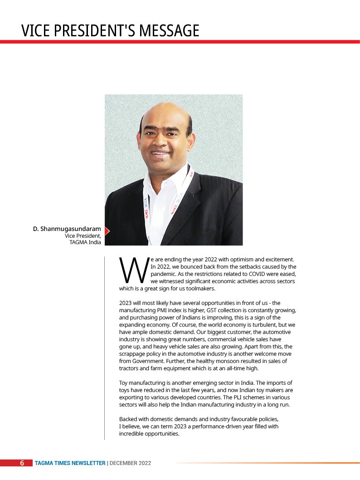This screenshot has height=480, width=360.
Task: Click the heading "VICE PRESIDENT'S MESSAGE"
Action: (110, 30)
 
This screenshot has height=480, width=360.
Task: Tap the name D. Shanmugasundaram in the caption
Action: (67, 229)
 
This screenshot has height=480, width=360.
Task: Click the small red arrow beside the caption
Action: (107, 231)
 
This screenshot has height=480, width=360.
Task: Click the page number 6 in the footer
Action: (22, 463)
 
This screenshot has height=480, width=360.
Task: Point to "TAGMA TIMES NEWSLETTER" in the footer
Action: (70, 463)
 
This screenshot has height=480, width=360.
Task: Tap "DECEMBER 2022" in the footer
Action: (130, 463)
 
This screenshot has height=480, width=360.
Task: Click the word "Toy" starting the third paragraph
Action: (123, 383)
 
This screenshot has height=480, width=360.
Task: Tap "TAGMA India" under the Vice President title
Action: (85, 242)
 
